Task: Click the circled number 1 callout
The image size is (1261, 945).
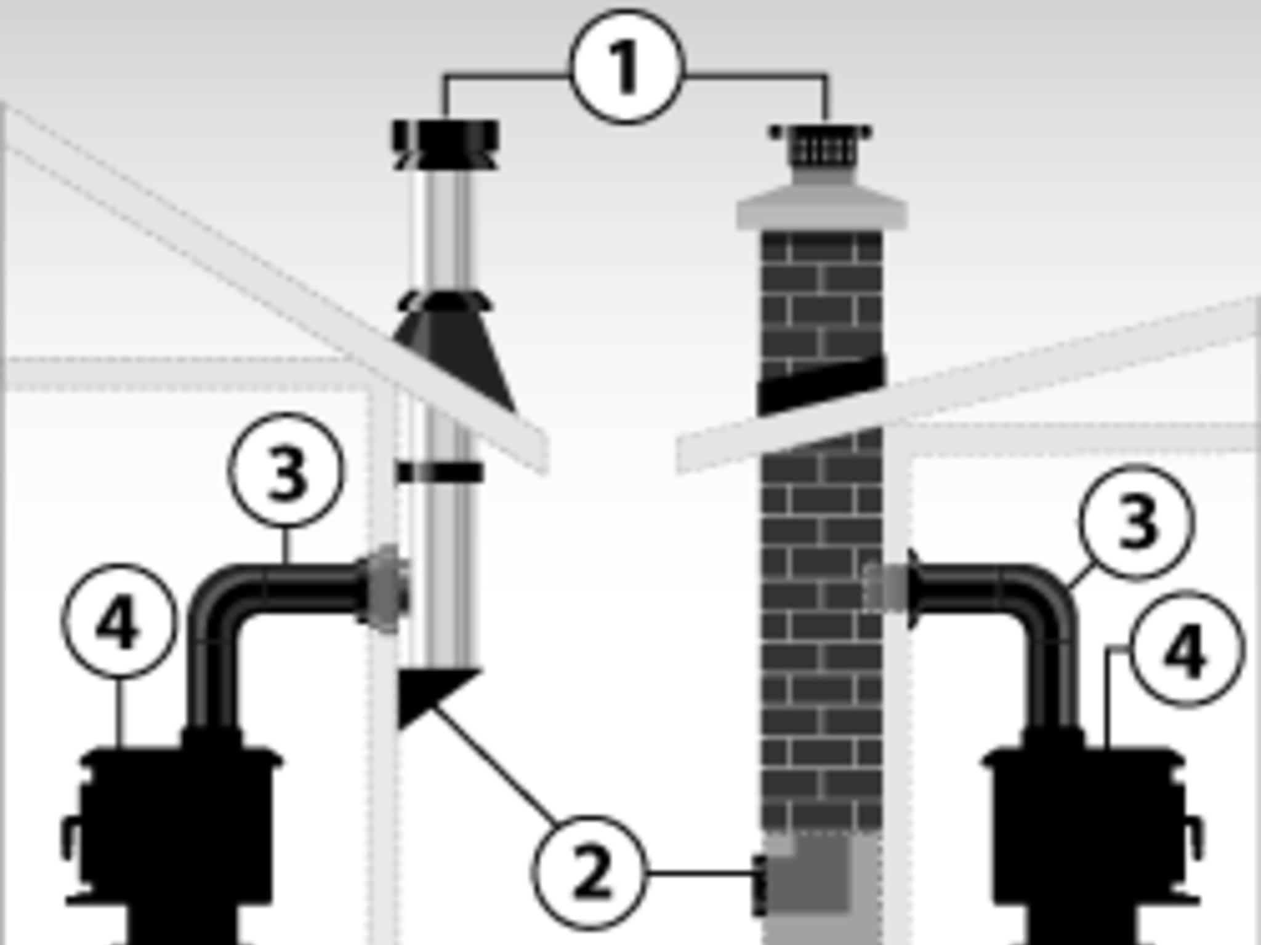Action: click(x=627, y=66)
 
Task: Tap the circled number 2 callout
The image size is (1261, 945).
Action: click(x=589, y=872)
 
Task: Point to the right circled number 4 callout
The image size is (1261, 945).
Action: click(x=1185, y=649)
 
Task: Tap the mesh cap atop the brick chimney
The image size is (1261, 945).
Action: click(x=821, y=148)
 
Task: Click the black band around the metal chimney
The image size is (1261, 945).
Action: click(x=440, y=472)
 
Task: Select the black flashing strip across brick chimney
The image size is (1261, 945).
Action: click(x=821, y=385)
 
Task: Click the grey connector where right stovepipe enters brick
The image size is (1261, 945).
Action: click(x=887, y=588)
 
